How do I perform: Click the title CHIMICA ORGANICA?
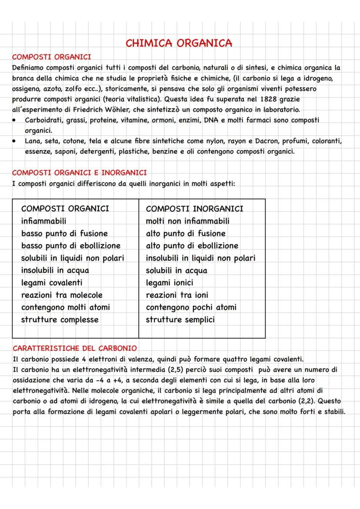point(178,43)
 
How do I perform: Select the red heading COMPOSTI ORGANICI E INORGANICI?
point(79,173)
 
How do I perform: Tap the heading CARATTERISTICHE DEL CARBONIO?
point(74,348)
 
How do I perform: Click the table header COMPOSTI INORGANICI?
point(194,209)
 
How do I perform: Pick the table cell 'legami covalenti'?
point(52,283)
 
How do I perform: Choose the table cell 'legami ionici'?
point(170,283)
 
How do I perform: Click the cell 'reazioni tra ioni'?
point(177,295)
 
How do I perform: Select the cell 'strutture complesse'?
point(60,319)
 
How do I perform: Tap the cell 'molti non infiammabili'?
point(187,221)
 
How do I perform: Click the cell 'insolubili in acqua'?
point(55,270)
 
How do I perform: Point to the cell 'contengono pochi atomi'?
point(191,307)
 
